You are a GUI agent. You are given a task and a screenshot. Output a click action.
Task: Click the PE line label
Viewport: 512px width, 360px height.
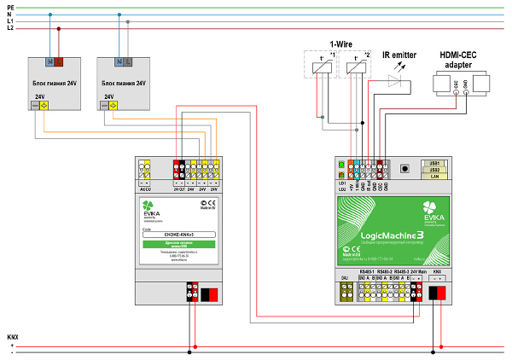click(9, 6)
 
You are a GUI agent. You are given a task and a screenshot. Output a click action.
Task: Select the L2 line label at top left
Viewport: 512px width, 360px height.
click(9, 28)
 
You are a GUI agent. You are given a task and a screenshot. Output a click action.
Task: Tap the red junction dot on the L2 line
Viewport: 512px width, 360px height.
click(59, 28)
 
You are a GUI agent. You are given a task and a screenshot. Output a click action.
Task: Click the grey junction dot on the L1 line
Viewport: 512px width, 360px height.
click(128, 21)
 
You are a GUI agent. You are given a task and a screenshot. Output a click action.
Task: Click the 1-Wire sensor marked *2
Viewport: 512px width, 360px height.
click(351, 62)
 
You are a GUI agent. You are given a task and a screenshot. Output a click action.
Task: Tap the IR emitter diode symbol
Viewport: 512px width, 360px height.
click(393, 80)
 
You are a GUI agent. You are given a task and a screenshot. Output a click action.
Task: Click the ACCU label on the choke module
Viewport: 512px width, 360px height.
click(145, 189)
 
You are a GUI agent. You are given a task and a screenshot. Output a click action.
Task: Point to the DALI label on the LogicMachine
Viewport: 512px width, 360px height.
click(345, 277)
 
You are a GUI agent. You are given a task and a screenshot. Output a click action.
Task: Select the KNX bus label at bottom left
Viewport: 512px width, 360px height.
click(11, 337)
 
